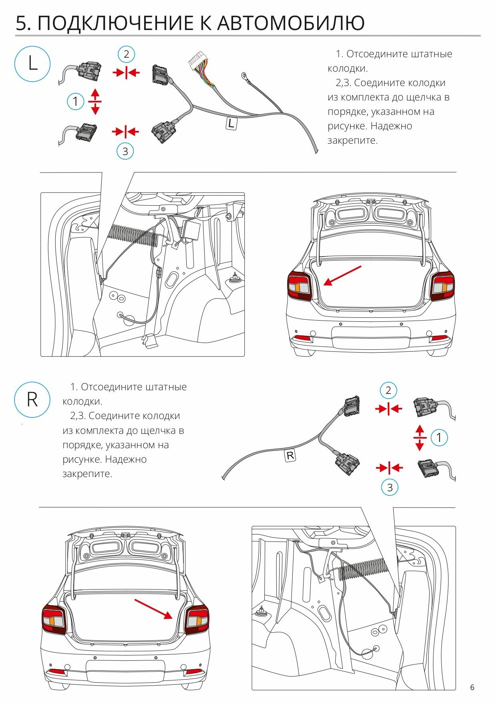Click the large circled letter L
(32, 64)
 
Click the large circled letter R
(32, 400)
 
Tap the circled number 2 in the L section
(126, 54)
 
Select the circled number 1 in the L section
(75, 101)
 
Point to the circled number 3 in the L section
(125, 151)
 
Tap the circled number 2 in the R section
(388, 390)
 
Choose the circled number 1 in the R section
(439, 437)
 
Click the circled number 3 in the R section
(390, 487)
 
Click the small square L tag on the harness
(231, 123)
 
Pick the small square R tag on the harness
(290, 455)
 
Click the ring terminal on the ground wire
(243, 75)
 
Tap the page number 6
(472, 688)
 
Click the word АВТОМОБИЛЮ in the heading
(291, 23)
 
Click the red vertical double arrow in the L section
(95, 102)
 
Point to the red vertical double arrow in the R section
(420, 438)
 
